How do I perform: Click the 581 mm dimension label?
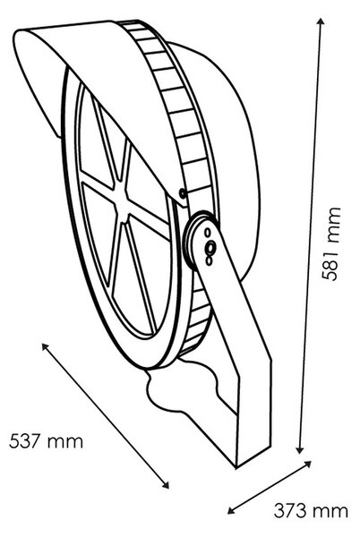[x=331, y=243]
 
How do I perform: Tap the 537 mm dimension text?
[x=46, y=441]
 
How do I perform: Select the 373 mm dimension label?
[x=311, y=511]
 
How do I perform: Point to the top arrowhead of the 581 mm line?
[x=321, y=21]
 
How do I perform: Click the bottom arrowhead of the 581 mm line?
[x=300, y=449]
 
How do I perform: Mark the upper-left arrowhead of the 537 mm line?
[x=45, y=346]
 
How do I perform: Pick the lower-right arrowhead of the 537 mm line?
[x=166, y=484]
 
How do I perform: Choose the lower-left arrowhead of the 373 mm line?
[x=232, y=510]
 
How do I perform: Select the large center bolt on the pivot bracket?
[x=210, y=247]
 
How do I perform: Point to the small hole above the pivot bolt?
[x=207, y=233]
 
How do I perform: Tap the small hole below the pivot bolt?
[x=208, y=260]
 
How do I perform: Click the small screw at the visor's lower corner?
[x=183, y=194]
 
